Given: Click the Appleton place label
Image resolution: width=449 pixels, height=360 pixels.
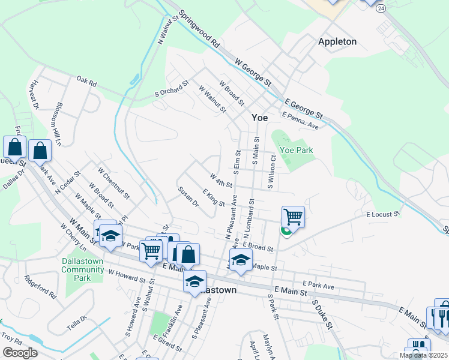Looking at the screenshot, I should (337, 41).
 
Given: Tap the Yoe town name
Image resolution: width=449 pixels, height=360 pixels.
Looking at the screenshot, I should (259, 118).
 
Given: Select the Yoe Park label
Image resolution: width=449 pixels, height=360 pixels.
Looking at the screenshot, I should (297, 151).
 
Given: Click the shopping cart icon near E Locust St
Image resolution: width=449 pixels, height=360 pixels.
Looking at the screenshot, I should (293, 217).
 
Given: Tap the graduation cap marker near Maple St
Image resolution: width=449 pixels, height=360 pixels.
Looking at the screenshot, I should (241, 261).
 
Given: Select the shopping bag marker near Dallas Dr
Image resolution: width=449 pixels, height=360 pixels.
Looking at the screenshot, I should (14, 147).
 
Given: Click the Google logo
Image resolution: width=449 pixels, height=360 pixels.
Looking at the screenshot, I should (20, 352).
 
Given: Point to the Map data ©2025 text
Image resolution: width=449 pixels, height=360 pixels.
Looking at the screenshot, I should (423, 355).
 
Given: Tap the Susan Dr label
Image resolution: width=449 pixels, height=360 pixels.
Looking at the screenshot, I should (188, 196).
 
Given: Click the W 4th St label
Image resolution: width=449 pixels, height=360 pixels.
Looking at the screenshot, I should (220, 179).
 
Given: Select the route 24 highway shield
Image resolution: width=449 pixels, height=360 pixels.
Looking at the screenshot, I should (382, 8).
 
